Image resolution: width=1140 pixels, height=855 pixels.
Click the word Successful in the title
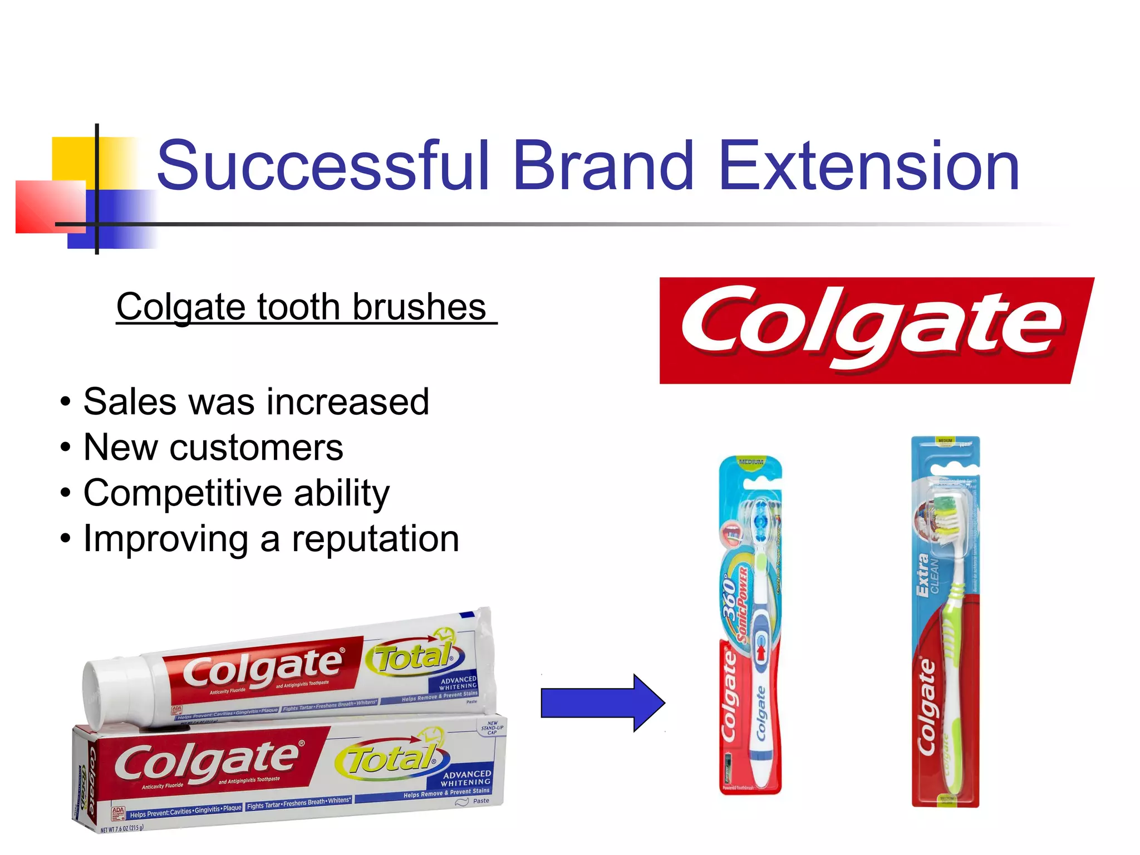pos(323,166)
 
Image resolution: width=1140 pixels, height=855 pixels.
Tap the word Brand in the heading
pos(603,166)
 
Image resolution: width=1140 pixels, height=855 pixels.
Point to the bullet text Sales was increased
pos(256,401)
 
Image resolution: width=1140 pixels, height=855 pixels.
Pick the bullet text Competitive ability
pos(237,493)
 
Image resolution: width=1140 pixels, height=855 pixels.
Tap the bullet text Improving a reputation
pos(271,539)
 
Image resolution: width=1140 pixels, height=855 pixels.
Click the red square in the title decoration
pos(50,206)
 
